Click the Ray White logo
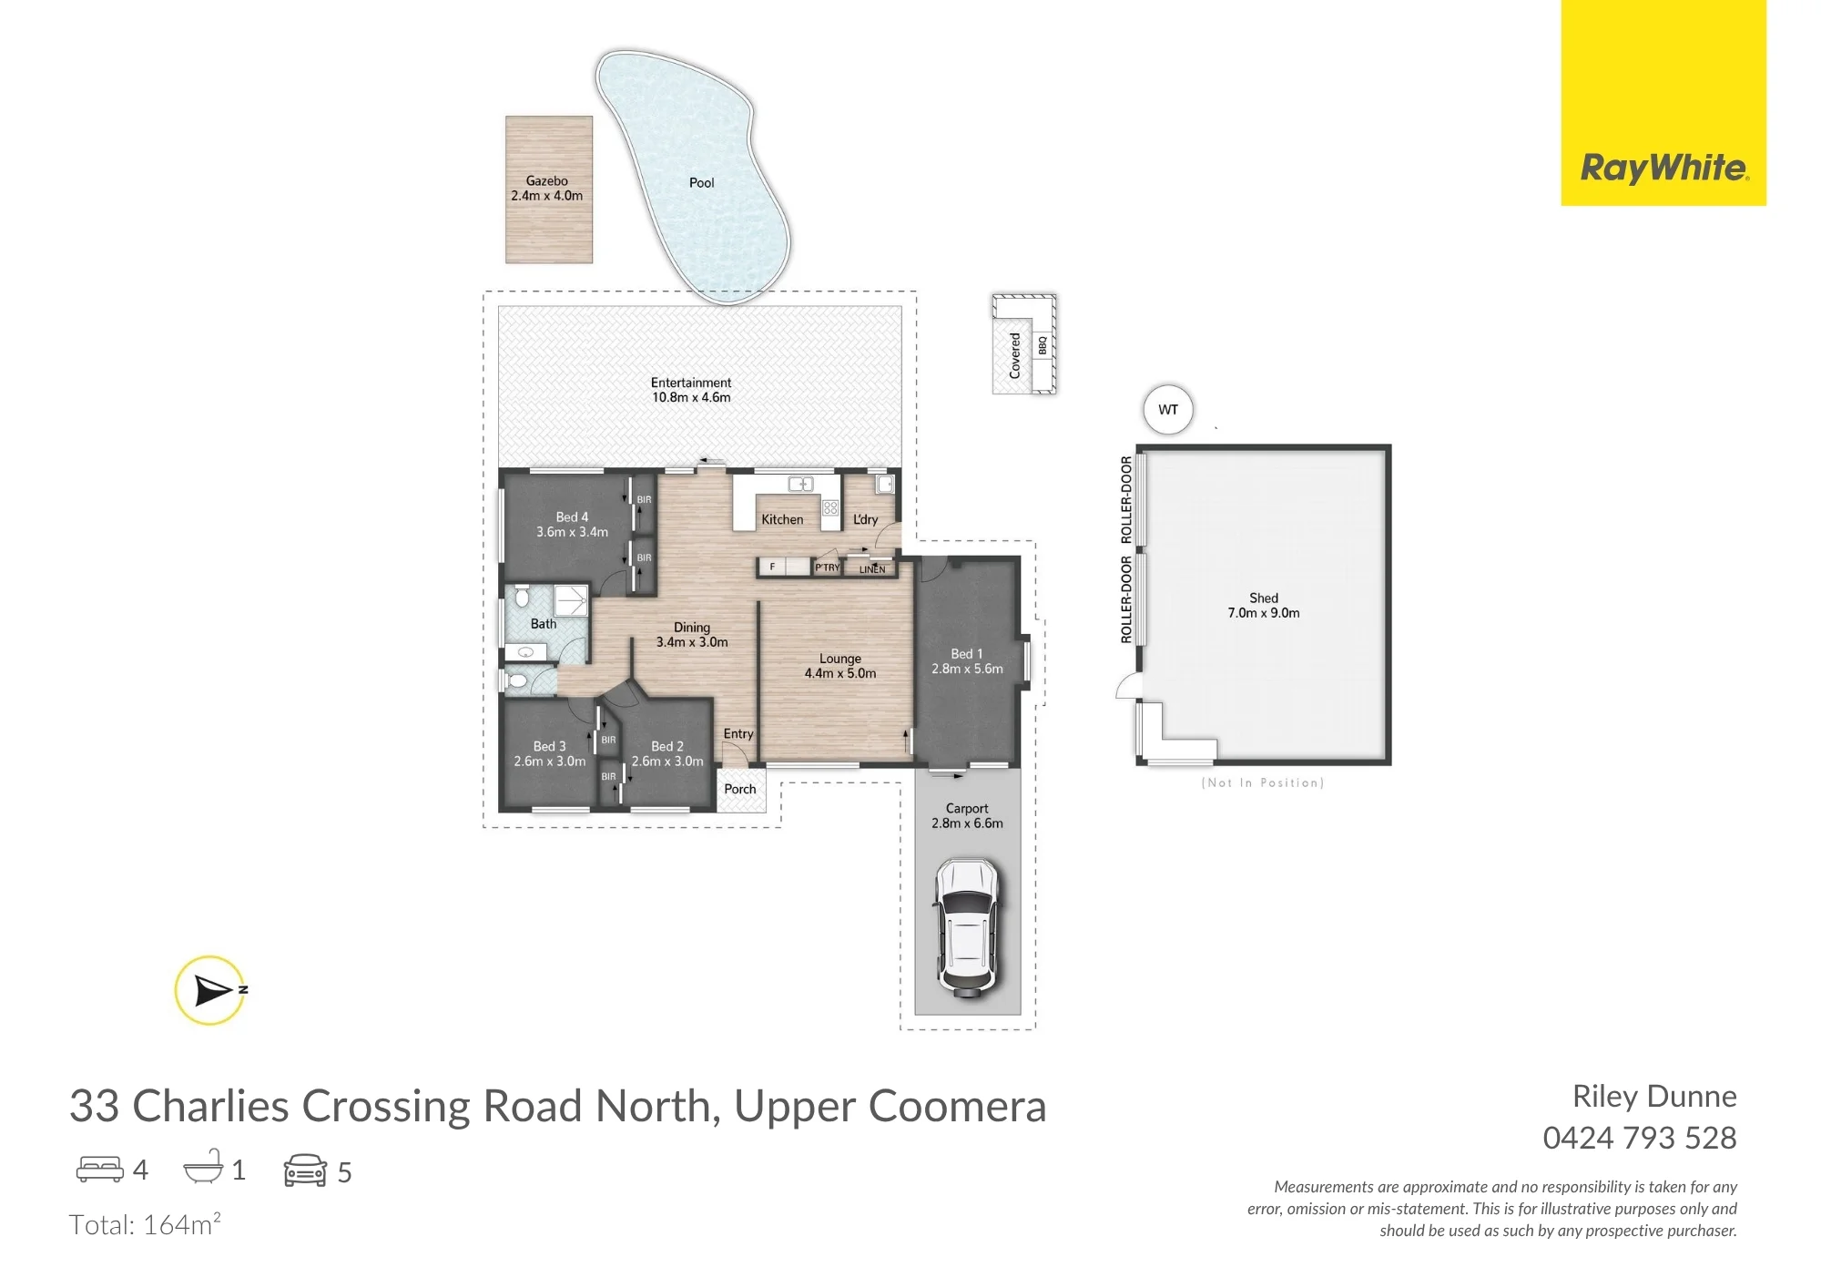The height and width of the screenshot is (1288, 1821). tap(1663, 102)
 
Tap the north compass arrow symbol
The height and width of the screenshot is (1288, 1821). tap(211, 990)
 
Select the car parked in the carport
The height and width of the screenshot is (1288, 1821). tap(966, 926)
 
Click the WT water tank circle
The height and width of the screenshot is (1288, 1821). tap(1168, 410)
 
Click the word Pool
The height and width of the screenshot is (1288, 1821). tap(701, 182)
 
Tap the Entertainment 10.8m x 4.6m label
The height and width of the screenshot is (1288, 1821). tap(691, 390)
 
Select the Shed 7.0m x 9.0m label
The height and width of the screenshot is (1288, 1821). tap(1264, 606)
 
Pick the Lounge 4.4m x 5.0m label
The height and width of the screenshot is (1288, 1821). tap(840, 666)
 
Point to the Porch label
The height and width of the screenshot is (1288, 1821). tap(740, 789)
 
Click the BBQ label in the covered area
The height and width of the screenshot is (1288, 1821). tap(1043, 346)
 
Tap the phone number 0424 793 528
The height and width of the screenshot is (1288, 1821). tap(1640, 1138)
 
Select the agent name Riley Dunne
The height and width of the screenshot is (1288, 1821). tap(1654, 1096)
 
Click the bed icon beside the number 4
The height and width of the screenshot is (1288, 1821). tap(99, 1169)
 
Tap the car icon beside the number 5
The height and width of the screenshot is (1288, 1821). tap(305, 1170)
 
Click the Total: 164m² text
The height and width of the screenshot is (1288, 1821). tap(145, 1224)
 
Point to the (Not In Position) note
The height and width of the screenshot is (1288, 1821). tap(1263, 782)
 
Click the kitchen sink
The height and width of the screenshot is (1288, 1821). tap(800, 485)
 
